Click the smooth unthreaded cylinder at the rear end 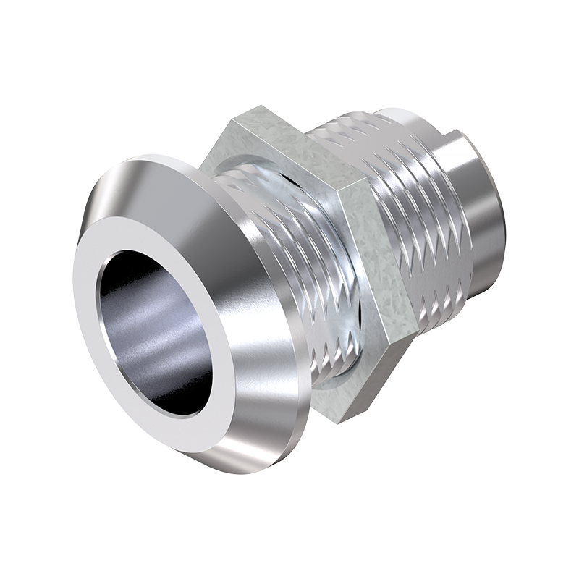[x=481, y=217]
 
